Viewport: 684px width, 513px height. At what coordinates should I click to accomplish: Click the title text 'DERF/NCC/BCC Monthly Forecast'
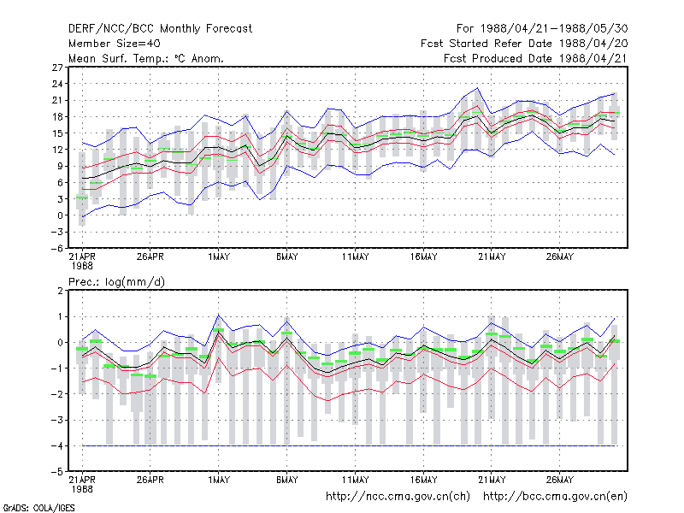click(x=160, y=29)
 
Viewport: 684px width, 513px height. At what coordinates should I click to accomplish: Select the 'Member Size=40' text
click(x=115, y=44)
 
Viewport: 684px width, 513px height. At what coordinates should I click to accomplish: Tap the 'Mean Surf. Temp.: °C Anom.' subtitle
click(x=146, y=58)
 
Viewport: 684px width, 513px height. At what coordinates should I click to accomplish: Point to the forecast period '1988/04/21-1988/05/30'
click(x=554, y=29)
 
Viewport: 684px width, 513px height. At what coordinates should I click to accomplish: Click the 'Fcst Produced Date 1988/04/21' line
click(x=536, y=58)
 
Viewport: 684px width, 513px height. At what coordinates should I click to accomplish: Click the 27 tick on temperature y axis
click(x=57, y=68)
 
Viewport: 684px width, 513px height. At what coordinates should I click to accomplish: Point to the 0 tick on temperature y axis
click(x=60, y=215)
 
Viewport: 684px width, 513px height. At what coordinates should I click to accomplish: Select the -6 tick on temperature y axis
click(x=56, y=249)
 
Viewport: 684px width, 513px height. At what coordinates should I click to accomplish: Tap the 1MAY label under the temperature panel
click(x=219, y=257)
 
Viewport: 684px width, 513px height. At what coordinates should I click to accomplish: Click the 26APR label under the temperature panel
click(x=150, y=257)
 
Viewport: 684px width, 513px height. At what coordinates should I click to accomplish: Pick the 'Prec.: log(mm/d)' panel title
click(x=116, y=282)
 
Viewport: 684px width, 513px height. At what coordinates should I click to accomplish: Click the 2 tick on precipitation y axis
click(x=60, y=291)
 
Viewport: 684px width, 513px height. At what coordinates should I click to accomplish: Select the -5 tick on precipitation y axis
click(x=56, y=472)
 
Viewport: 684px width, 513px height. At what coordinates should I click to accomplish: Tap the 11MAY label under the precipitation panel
click(x=355, y=480)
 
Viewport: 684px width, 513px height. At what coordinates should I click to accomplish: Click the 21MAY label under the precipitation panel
click(x=492, y=480)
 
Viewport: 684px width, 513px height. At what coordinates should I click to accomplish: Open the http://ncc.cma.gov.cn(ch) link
click(x=398, y=497)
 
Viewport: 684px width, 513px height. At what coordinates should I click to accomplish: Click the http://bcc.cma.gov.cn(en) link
click(x=555, y=497)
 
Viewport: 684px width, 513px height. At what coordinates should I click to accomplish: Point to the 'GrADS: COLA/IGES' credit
click(x=38, y=508)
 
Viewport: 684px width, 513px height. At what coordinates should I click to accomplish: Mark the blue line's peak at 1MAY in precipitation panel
click(x=219, y=315)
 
